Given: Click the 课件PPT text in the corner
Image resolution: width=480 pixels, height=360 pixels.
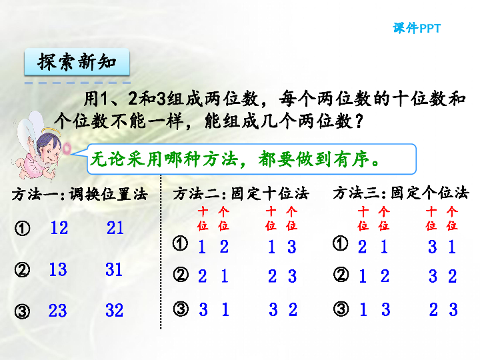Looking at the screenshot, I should pyautogui.click(x=417, y=29).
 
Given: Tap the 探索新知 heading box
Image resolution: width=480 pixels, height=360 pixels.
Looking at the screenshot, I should pyautogui.click(x=77, y=63).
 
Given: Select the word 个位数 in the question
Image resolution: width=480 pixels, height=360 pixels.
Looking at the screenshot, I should pyautogui.click(x=85, y=121).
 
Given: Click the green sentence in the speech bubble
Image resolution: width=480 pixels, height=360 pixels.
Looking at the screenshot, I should pyautogui.click(x=236, y=161).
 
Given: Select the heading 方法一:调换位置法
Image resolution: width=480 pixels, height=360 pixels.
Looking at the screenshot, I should pyautogui.click(x=79, y=195).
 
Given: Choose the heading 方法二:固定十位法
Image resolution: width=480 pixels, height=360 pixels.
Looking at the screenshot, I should pyautogui.click(x=241, y=194).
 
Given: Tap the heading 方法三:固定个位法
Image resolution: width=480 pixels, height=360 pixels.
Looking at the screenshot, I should pyautogui.click(x=401, y=193).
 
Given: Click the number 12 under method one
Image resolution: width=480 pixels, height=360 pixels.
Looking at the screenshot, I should pyautogui.click(x=59, y=228).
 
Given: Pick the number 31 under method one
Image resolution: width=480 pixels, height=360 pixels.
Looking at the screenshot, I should pyautogui.click(x=114, y=269).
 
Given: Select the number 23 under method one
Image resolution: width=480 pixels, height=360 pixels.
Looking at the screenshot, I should pyautogui.click(x=58, y=311).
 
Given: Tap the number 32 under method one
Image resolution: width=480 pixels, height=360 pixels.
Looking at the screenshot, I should pyautogui.click(x=114, y=311).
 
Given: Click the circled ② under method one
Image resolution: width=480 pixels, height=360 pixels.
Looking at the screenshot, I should pyautogui.click(x=22, y=270).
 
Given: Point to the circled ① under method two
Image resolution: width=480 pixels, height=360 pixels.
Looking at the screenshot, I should pyautogui.click(x=179, y=243).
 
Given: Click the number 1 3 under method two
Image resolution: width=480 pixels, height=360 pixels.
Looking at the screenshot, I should pyautogui.click(x=281, y=247).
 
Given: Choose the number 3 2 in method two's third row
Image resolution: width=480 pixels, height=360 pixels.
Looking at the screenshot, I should pyautogui.click(x=283, y=309).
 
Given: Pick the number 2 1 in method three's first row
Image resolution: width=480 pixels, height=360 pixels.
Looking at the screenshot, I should pyautogui.click(x=373, y=247).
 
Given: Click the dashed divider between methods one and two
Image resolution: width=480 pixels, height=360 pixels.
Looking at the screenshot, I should pyautogui.click(x=161, y=253).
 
